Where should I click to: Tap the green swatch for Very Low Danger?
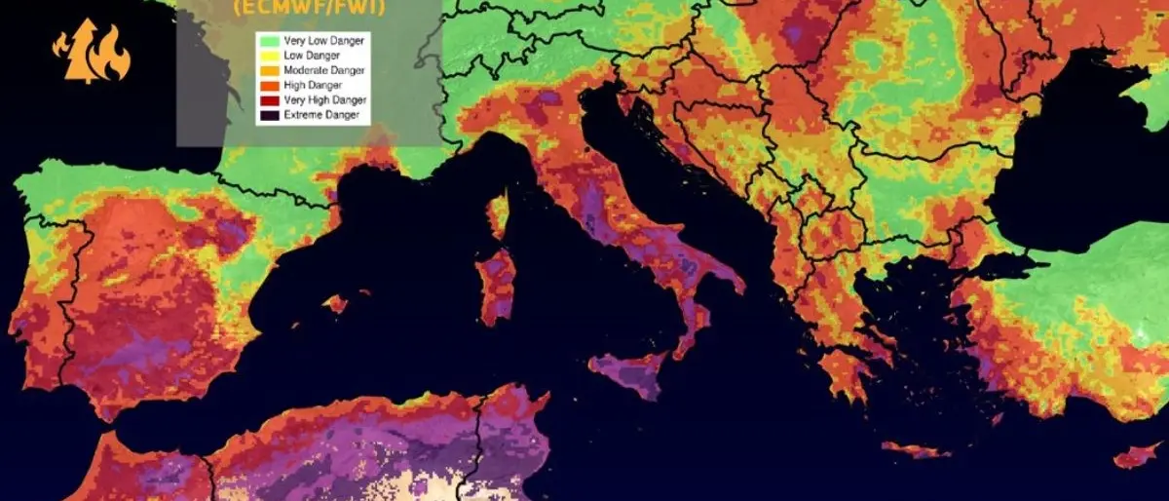tap(266, 41)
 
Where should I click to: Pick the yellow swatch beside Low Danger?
tap(266, 56)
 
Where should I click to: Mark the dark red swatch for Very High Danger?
tap(266, 99)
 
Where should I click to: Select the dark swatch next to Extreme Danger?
tap(266, 115)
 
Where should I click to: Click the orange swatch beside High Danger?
tap(266, 85)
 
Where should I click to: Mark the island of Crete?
tap(916, 450)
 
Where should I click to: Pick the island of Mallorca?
tap(337, 303)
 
